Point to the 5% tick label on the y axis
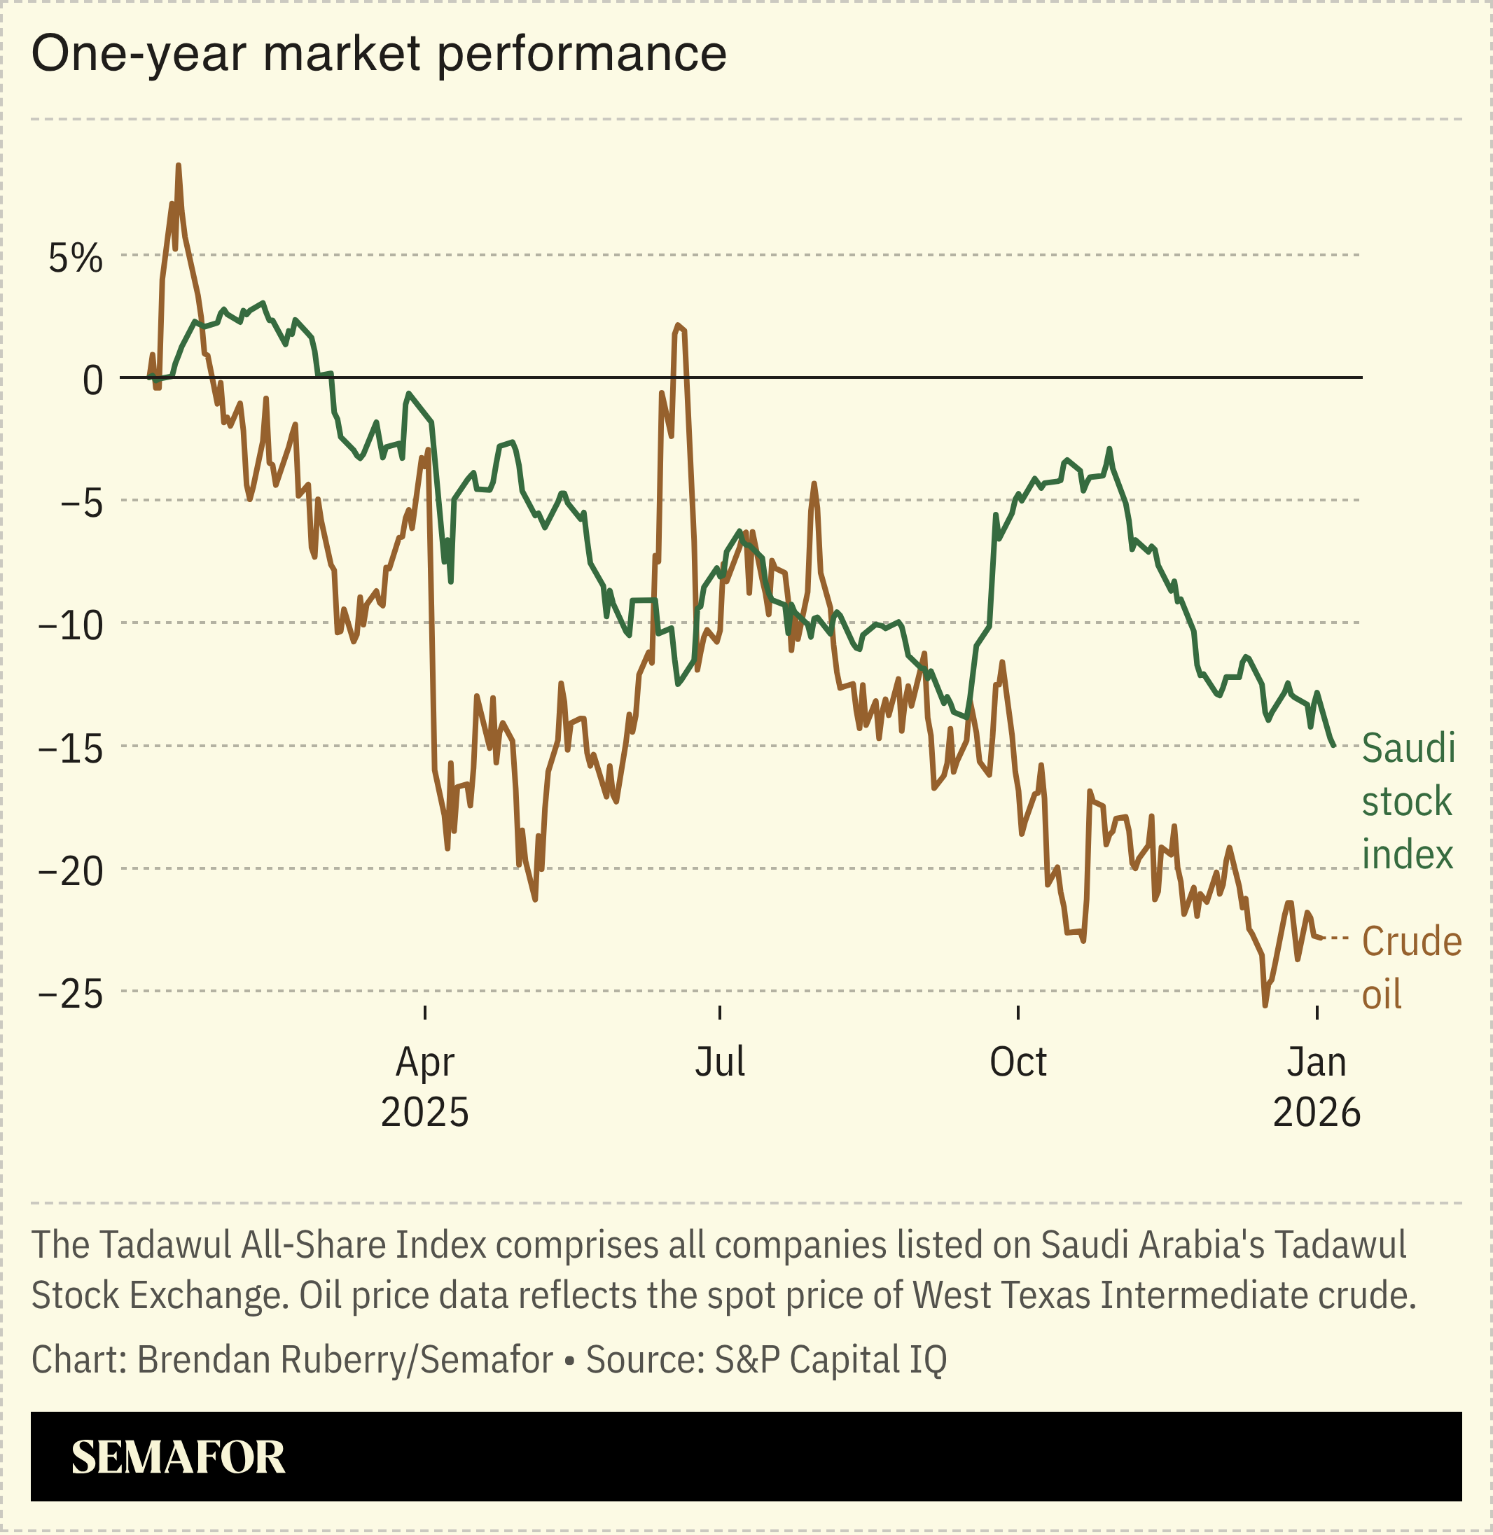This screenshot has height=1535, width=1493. click(x=75, y=258)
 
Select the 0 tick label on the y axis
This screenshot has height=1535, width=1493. click(x=92, y=381)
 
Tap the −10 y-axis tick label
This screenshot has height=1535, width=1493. click(x=71, y=626)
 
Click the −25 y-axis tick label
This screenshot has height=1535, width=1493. click(x=71, y=995)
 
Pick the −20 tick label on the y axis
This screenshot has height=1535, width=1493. click(x=71, y=872)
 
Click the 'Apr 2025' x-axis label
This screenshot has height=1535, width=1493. click(x=425, y=1087)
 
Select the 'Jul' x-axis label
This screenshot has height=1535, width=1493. click(x=720, y=1062)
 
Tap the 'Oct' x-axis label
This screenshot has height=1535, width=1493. click(x=1018, y=1062)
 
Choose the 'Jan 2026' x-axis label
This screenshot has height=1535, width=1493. click(x=1317, y=1087)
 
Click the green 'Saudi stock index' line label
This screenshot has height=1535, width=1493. click(x=1408, y=801)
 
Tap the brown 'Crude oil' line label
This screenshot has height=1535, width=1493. click(x=1410, y=967)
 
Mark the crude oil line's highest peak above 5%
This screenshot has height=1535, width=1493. click(x=178, y=166)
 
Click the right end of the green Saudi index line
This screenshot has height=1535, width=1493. click(x=1334, y=745)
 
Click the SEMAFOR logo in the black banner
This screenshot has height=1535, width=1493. click(x=178, y=1457)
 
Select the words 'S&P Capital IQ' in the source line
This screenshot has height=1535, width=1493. click(x=831, y=1359)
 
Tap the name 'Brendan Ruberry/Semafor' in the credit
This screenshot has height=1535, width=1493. click(x=345, y=1359)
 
